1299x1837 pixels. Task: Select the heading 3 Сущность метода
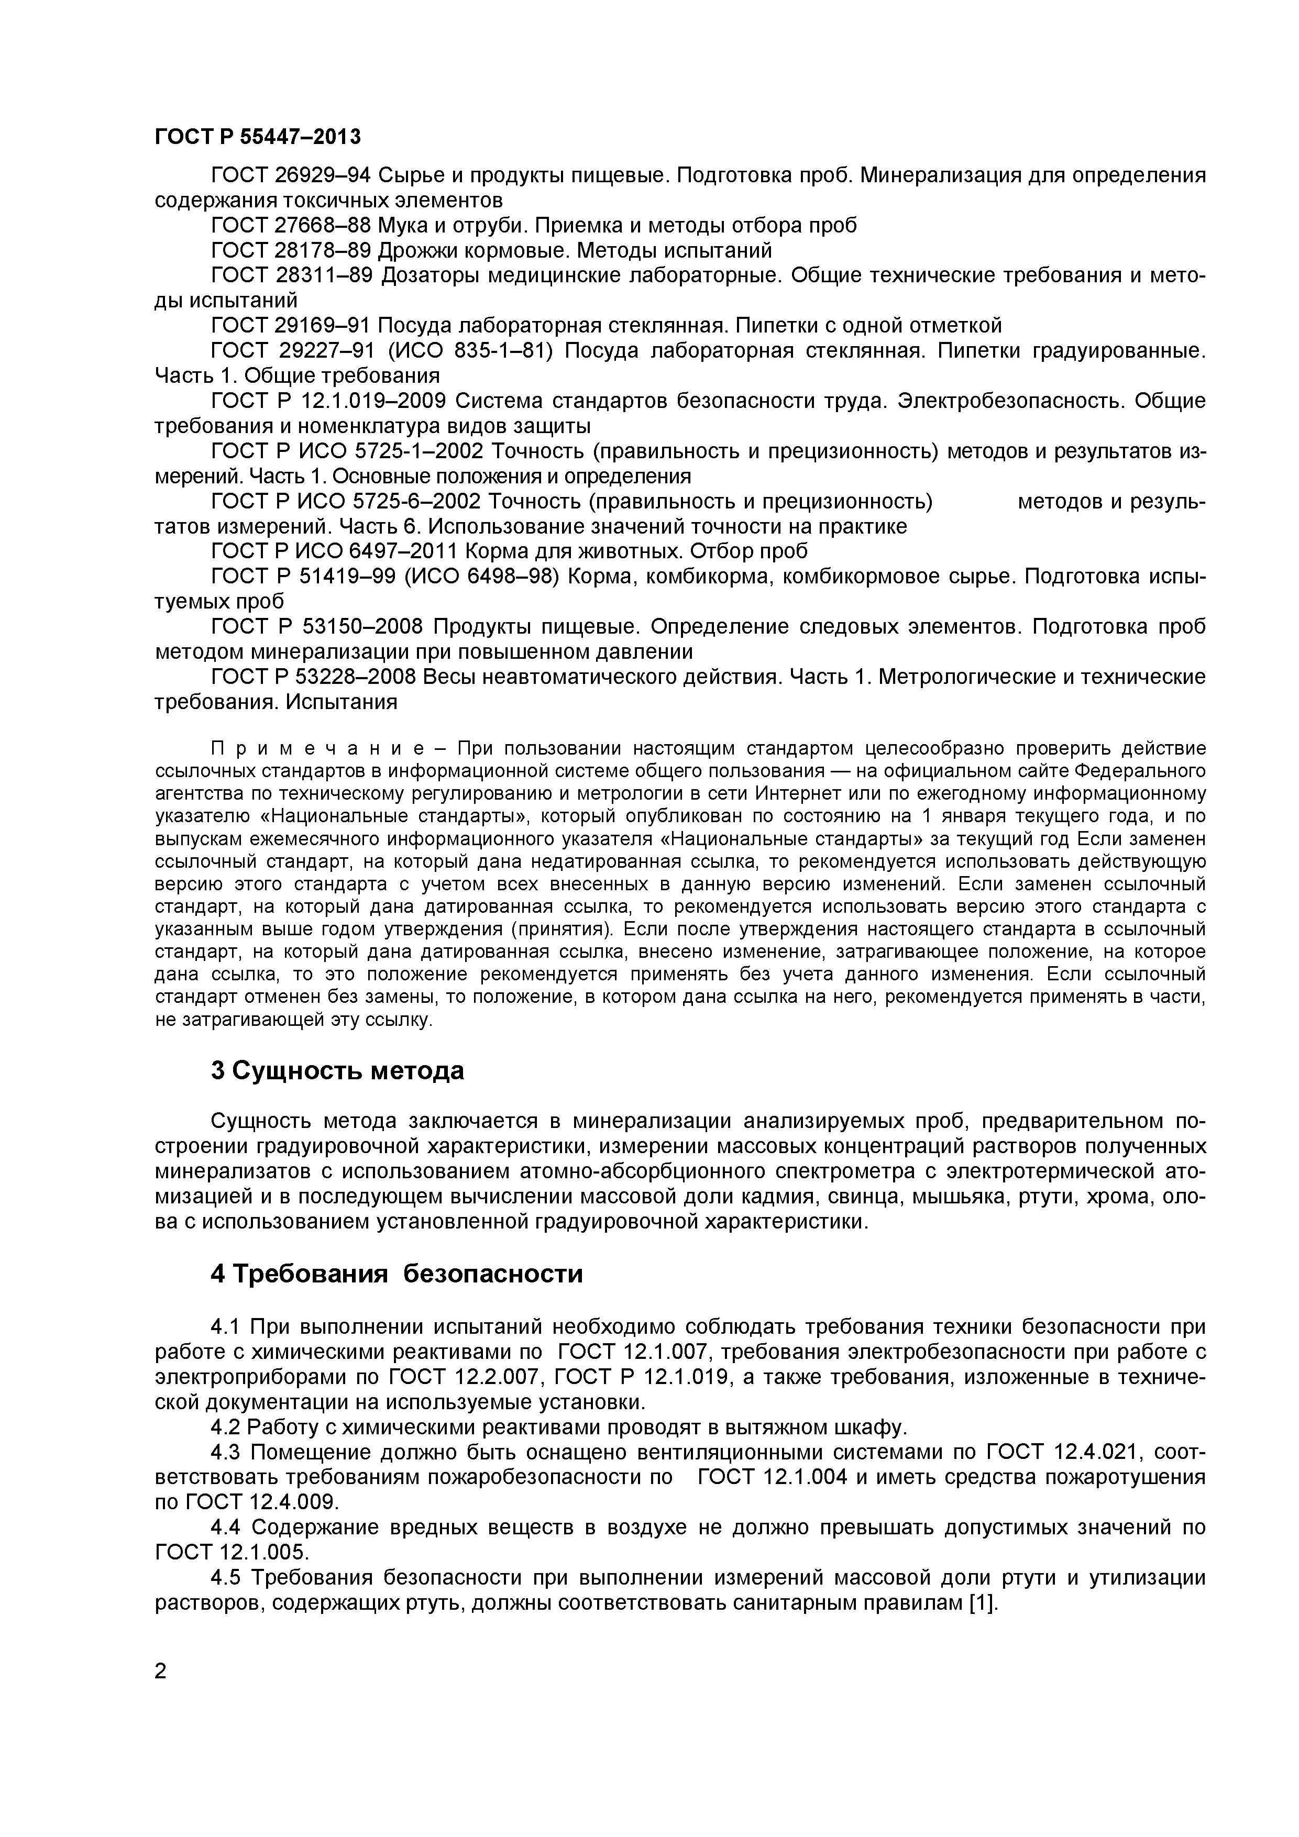pos(337,1070)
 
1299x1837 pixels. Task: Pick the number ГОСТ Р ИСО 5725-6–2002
pos(346,502)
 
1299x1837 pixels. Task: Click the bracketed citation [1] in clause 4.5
pos(981,1602)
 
